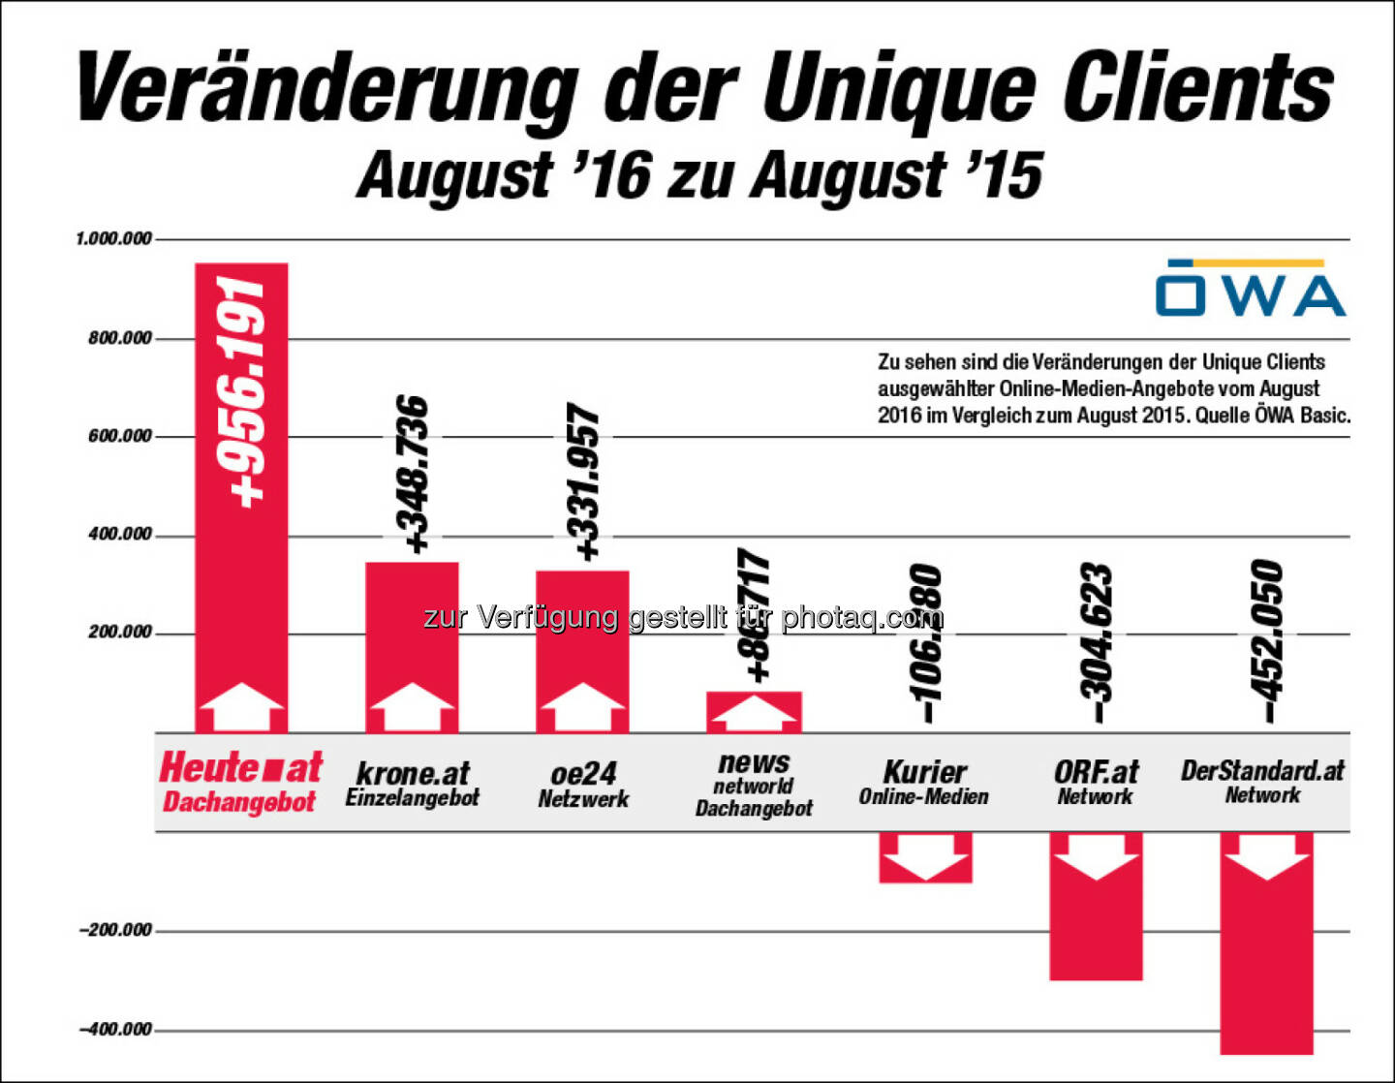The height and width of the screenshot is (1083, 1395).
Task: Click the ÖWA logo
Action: pos(1250,289)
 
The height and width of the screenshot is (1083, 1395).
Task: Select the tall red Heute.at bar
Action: pos(241,581)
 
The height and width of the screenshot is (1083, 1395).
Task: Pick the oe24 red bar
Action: pos(582,630)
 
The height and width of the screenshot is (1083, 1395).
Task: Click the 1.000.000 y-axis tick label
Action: pos(114,238)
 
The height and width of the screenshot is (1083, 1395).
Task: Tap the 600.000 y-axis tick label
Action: pos(120,436)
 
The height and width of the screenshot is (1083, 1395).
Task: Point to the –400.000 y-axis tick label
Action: pos(116,1029)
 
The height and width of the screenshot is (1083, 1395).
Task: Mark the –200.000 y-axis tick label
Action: pos(116,930)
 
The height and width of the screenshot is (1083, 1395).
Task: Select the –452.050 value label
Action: pos(1265,640)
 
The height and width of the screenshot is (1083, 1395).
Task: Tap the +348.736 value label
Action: pos(414,474)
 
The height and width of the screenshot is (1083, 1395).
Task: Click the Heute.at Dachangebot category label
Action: pos(240,782)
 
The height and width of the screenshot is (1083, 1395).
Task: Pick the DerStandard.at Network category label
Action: pos(1262,781)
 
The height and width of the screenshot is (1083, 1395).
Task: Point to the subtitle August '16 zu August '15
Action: pos(699,175)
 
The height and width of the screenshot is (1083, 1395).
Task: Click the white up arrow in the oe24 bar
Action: pos(582,705)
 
